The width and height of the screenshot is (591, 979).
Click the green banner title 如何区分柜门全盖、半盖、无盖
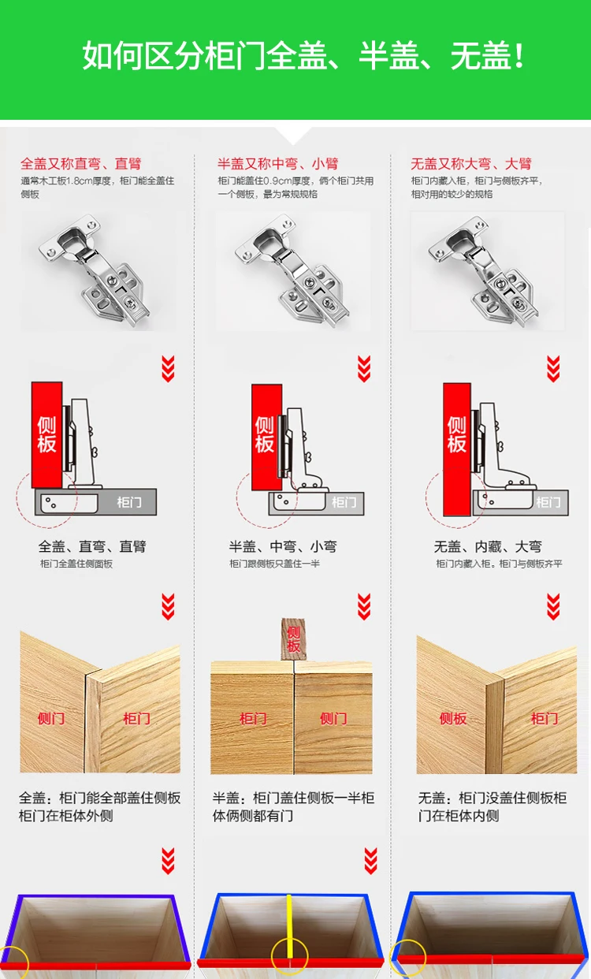click(303, 57)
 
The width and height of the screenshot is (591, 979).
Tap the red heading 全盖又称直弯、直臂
click(80, 164)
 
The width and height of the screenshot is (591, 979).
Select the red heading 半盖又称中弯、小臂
click(277, 164)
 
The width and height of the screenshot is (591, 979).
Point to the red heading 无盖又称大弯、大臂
click(470, 164)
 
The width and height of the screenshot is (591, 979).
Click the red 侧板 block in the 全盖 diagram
click(46, 434)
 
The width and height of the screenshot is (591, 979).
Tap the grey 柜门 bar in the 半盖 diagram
click(342, 503)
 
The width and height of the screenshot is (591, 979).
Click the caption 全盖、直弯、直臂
click(92, 546)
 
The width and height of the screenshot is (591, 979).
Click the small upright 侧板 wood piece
click(293, 638)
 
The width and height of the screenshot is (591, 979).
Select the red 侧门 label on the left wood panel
click(51, 718)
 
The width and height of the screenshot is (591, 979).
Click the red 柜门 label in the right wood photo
click(544, 718)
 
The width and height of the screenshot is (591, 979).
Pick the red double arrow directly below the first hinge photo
click(168, 368)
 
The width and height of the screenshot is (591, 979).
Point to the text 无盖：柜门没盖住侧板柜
click(492, 798)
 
